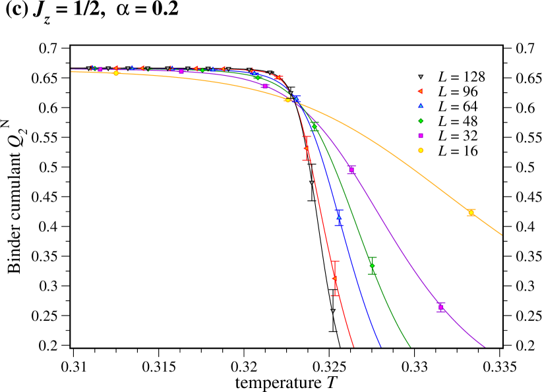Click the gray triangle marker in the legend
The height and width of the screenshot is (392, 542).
pyautogui.click(x=421, y=77)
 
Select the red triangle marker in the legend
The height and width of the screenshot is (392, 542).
pyautogui.click(x=420, y=92)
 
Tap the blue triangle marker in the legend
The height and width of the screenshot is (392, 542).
pyautogui.click(x=421, y=105)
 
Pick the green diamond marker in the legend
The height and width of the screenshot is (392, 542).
pyautogui.click(x=421, y=121)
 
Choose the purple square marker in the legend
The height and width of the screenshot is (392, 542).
pyautogui.click(x=421, y=136)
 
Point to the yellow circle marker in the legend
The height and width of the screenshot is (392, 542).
pyautogui.click(x=421, y=150)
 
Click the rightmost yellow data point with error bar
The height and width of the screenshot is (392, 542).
pyautogui.click(x=471, y=213)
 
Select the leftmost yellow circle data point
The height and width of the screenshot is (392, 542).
pyautogui.click(x=116, y=73)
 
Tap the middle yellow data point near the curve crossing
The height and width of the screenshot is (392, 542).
pyautogui.click(x=287, y=100)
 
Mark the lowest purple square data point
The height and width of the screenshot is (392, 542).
pyautogui.click(x=440, y=307)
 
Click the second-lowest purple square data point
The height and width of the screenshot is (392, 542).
pyautogui.click(x=351, y=170)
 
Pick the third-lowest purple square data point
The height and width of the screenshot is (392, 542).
pyautogui.click(x=265, y=86)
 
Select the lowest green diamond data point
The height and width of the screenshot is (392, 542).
pyautogui.click(x=372, y=266)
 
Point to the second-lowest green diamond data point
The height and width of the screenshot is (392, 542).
pyautogui.click(x=314, y=126)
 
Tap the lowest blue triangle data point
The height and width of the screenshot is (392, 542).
pyautogui.click(x=339, y=217)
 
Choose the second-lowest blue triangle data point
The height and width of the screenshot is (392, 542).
pyautogui.click(x=297, y=99)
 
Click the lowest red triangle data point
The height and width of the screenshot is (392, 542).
pyautogui.click(x=335, y=278)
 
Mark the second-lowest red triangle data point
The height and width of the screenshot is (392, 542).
pyautogui.click(x=307, y=148)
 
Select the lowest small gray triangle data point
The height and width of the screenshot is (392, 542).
pyautogui.click(x=333, y=311)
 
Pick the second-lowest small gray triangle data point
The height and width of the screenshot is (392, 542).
pyautogui.click(x=312, y=182)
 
